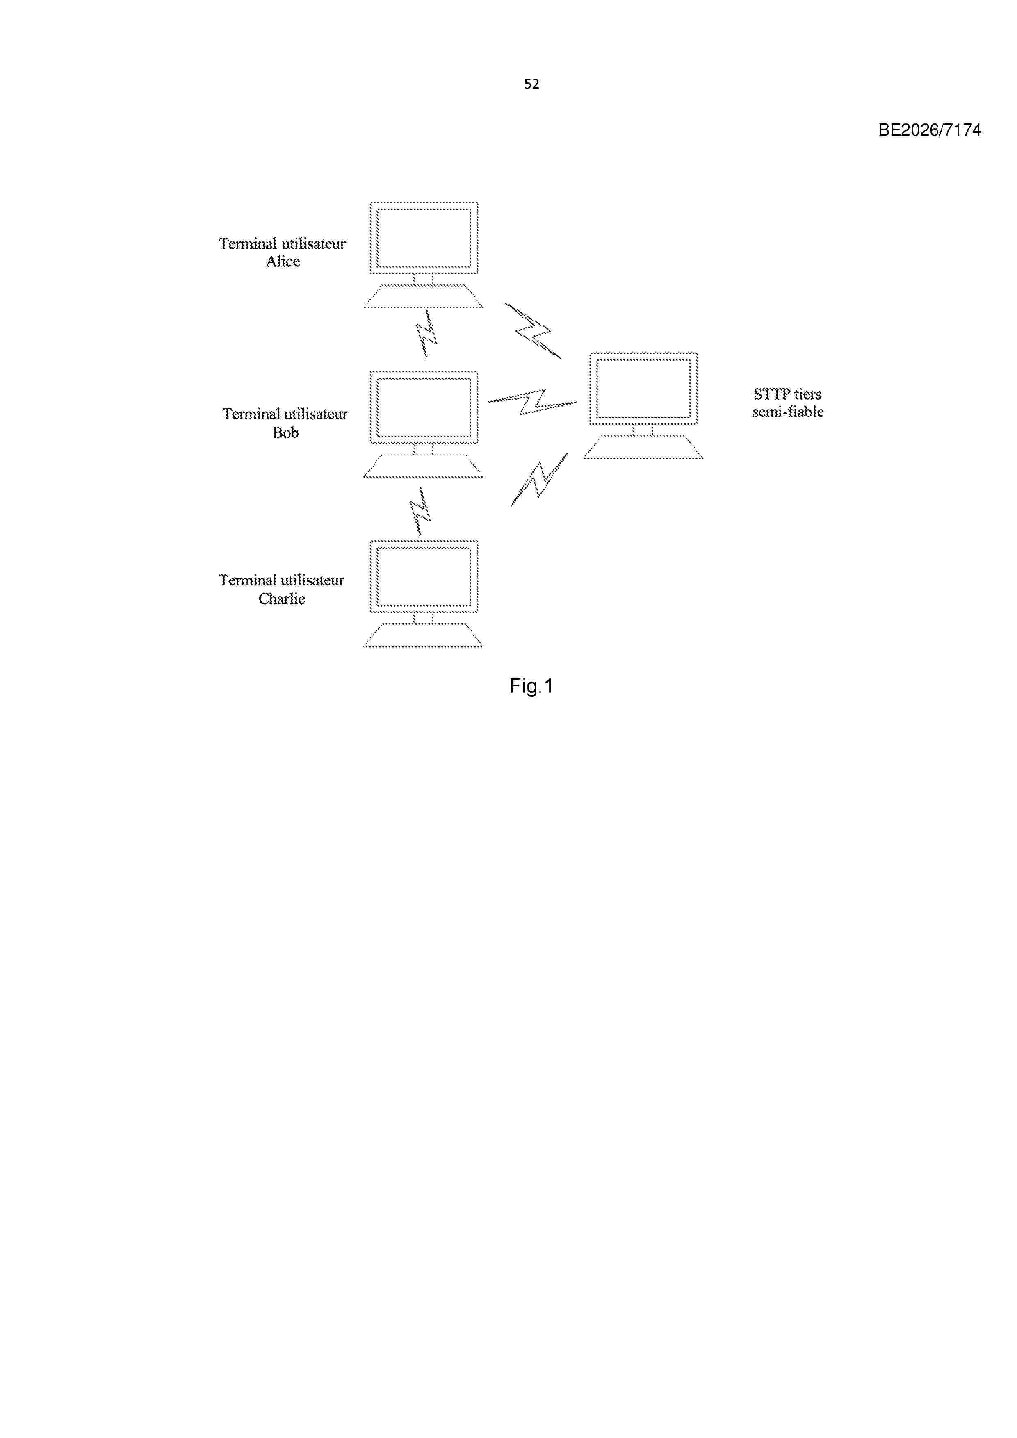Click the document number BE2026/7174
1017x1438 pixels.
pyautogui.click(x=929, y=130)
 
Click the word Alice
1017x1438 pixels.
pyautogui.click(x=283, y=262)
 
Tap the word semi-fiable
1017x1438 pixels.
pyautogui.click(x=788, y=412)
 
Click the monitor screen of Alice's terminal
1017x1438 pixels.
pyautogui.click(x=424, y=238)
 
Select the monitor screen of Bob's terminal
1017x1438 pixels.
pyautogui.click(x=424, y=408)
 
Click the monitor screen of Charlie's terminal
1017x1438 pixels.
pyautogui.click(x=424, y=577)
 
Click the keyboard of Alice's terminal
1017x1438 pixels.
pyautogui.click(x=424, y=296)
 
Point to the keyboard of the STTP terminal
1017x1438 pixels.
pyautogui.click(x=643, y=447)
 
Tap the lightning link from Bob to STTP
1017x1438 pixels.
pyautogui.click(x=533, y=401)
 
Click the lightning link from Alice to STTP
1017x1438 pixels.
pyautogui.click(x=533, y=331)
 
